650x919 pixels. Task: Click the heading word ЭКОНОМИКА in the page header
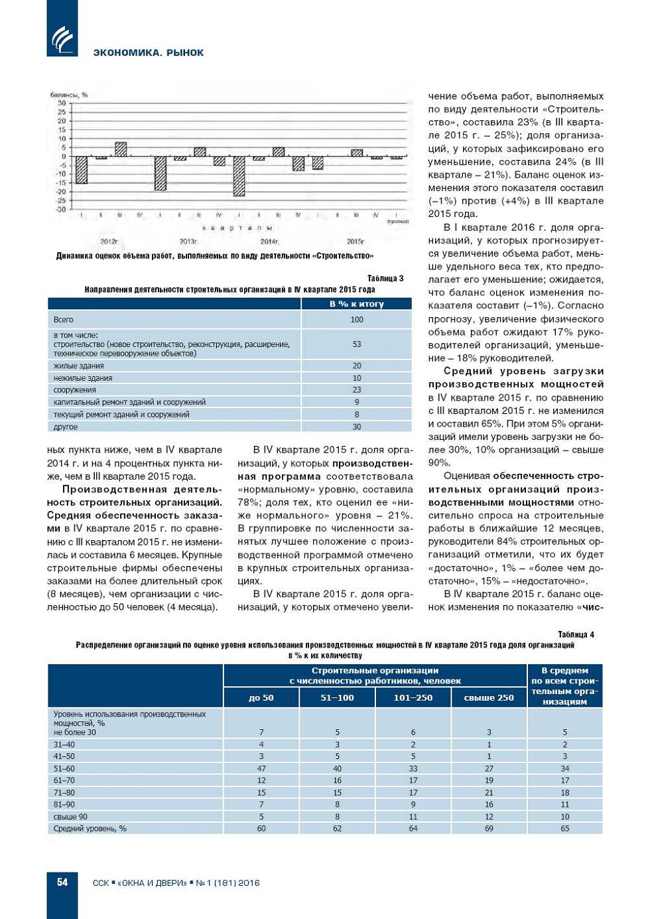(x=121, y=52)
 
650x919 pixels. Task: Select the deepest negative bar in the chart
(x=239, y=176)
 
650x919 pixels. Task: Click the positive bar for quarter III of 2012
(x=121, y=149)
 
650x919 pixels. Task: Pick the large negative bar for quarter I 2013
(x=160, y=173)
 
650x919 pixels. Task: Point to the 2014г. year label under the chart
(x=269, y=242)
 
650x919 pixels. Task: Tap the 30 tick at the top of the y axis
(x=62, y=104)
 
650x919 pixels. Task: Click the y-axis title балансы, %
(x=69, y=95)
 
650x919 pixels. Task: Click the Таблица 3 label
(x=385, y=278)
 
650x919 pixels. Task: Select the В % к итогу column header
(x=356, y=304)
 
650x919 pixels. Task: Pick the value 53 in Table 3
(x=357, y=344)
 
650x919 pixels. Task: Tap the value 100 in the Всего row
(x=357, y=320)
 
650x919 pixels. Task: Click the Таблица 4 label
(x=576, y=634)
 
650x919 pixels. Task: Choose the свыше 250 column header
(x=489, y=697)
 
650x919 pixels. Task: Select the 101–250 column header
(x=413, y=697)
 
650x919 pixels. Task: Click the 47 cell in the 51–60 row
(x=261, y=768)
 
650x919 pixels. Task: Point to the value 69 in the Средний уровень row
(x=489, y=829)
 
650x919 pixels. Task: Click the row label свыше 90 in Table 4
(x=70, y=817)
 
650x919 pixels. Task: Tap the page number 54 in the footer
(x=62, y=882)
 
